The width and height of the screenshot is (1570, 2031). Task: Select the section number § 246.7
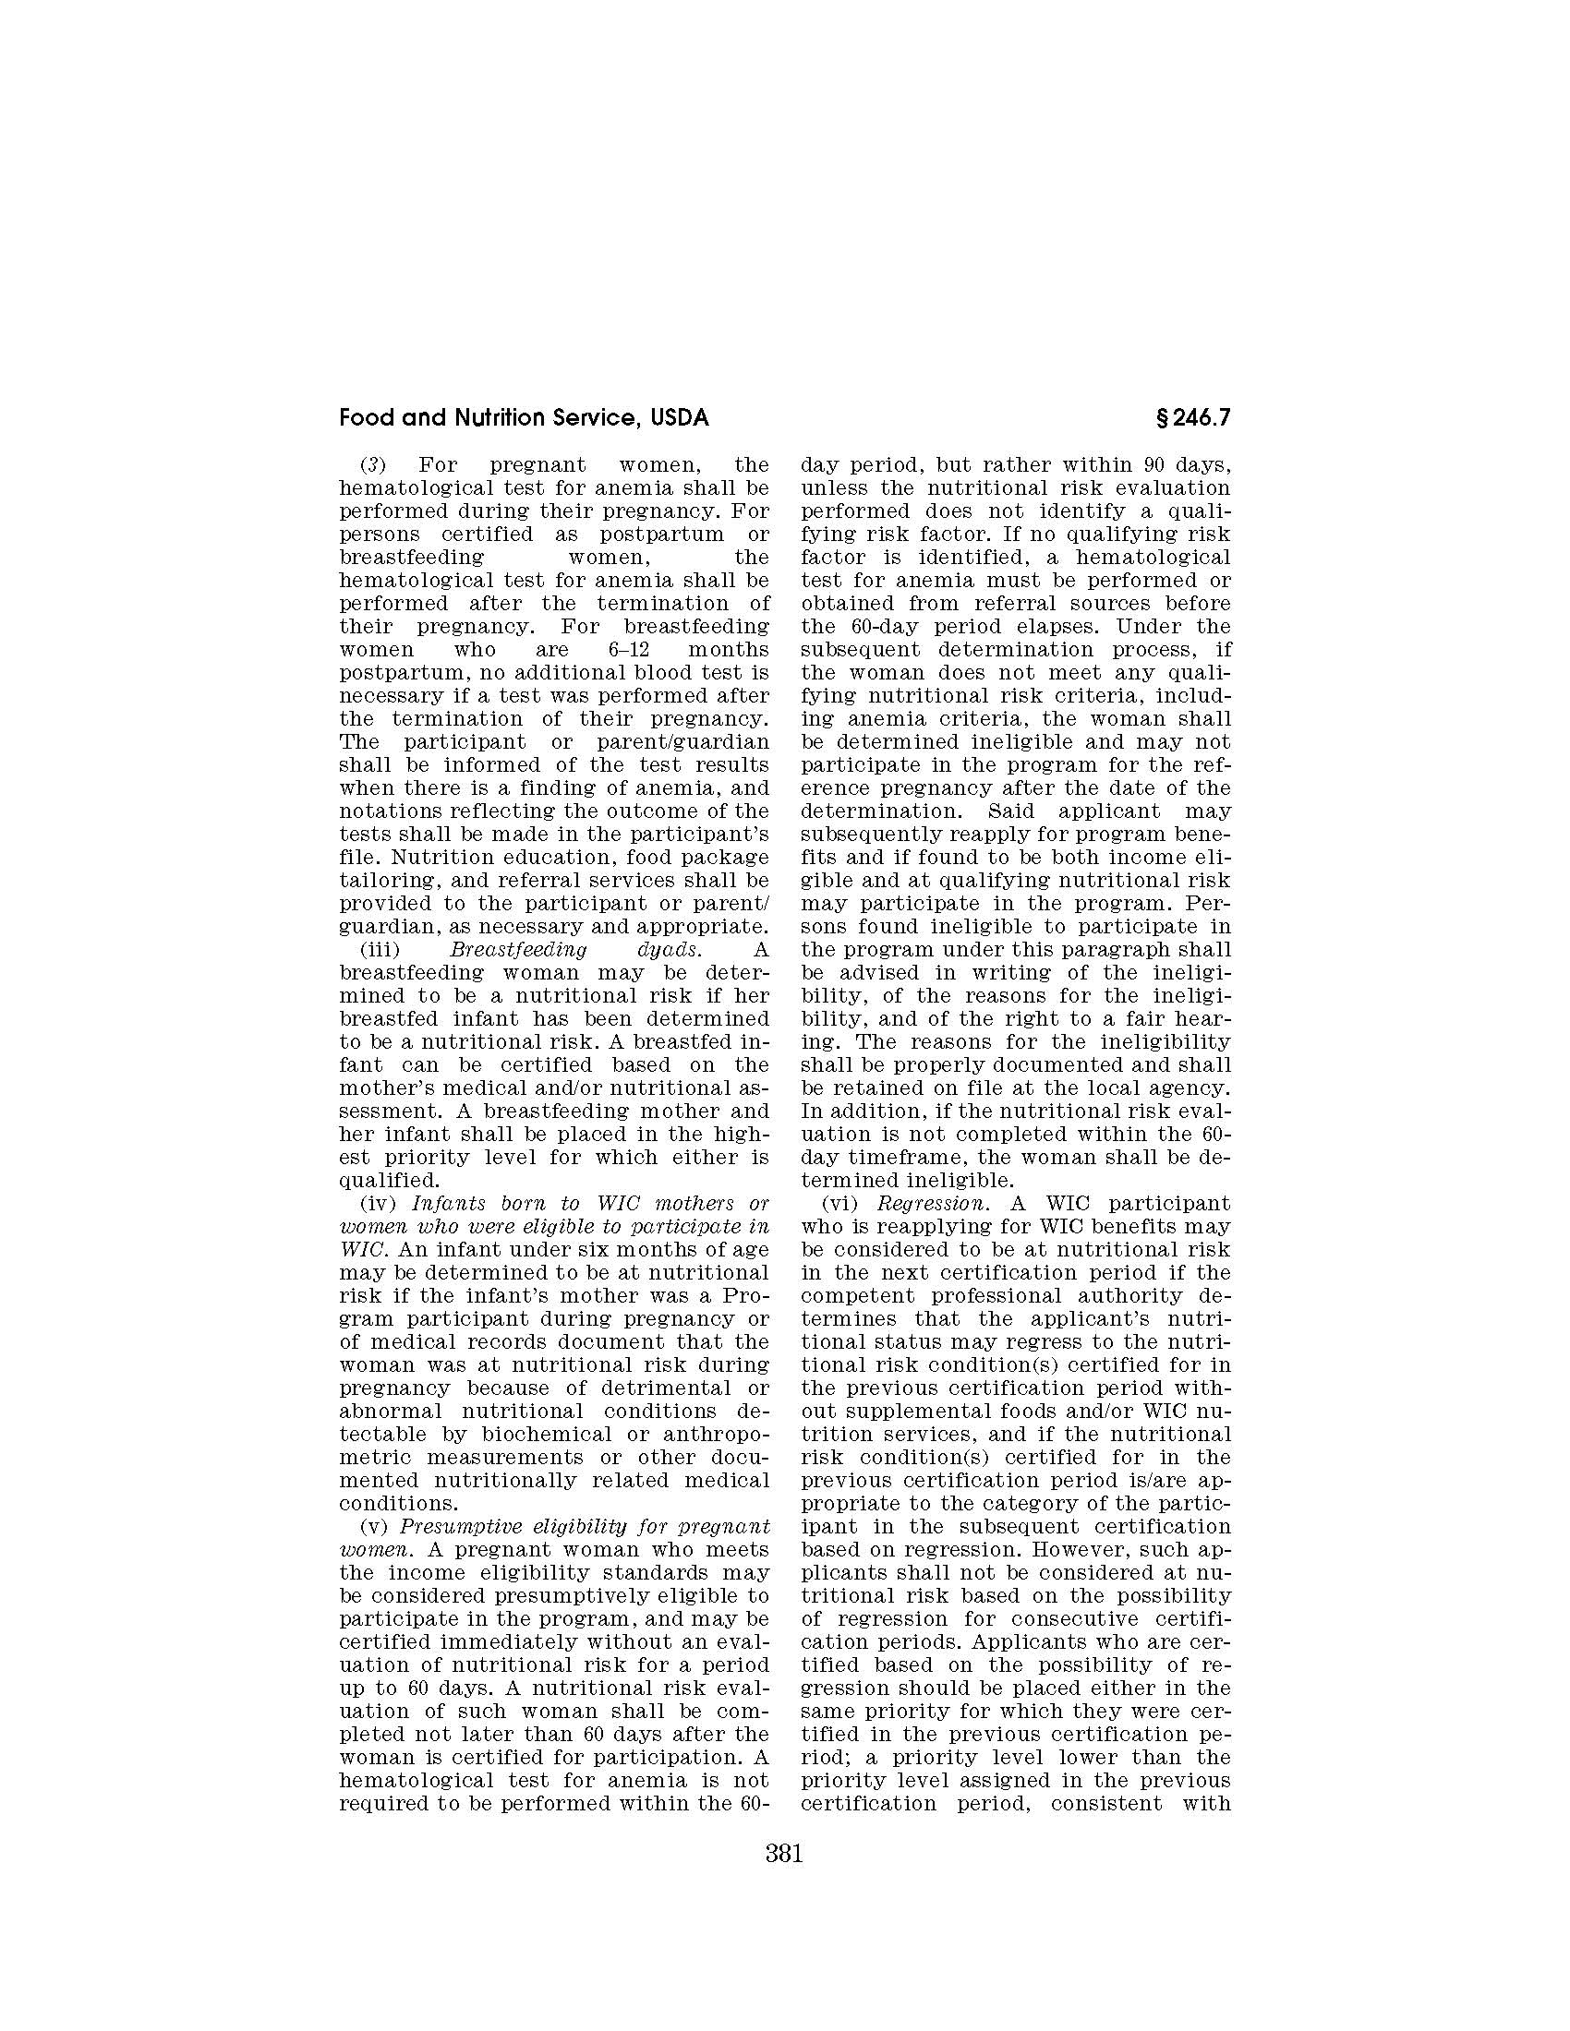[1192, 418]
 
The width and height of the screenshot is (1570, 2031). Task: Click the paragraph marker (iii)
[380, 949]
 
